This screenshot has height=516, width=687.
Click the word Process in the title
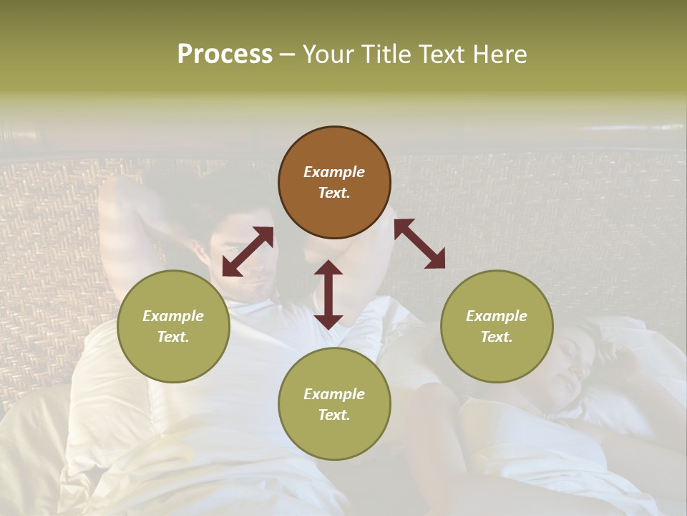pyautogui.click(x=225, y=54)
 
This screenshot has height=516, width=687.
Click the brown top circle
pyautogui.click(x=334, y=183)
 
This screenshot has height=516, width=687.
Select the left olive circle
pyautogui.click(x=173, y=326)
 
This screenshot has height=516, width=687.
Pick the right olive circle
pyautogui.click(x=496, y=326)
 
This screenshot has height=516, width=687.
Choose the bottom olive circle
pyautogui.click(x=334, y=404)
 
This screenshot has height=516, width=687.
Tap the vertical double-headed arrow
pyautogui.click(x=328, y=295)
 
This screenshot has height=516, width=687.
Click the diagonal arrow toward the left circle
pyautogui.click(x=248, y=252)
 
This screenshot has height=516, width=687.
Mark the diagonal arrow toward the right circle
pyautogui.click(x=419, y=244)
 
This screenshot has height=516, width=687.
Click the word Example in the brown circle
pyautogui.click(x=334, y=172)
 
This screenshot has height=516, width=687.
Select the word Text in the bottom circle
pyautogui.click(x=334, y=415)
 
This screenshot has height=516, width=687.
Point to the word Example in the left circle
pyautogui.click(x=173, y=316)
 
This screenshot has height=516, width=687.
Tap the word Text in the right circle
pyautogui.click(x=496, y=337)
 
